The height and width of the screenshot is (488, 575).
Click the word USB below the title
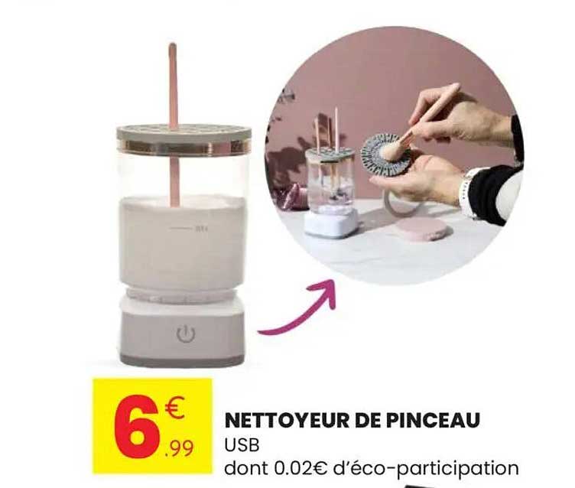coord(242,445)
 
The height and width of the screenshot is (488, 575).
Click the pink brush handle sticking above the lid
coord(173,84)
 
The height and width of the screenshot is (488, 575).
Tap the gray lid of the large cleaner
coord(184,138)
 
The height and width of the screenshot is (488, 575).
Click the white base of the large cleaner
coord(182,330)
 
